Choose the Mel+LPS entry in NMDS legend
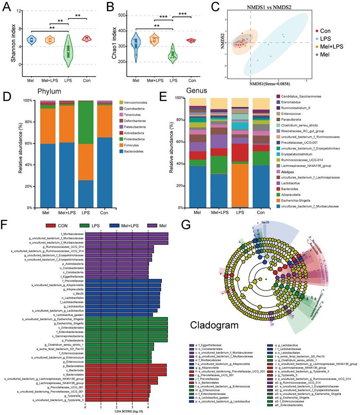coord(331,47)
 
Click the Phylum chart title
coord(48,92)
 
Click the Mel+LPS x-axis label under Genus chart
coord(220,213)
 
